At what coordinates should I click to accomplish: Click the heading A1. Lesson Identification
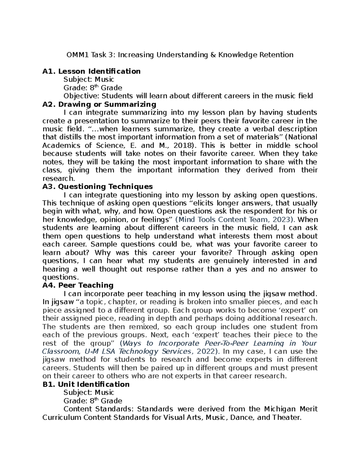click(x=91, y=71)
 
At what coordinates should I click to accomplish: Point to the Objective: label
click(x=82, y=96)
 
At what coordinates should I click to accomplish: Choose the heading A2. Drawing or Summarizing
click(x=99, y=104)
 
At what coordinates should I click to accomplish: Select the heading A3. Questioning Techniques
click(x=97, y=187)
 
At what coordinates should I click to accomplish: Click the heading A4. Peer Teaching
click(x=78, y=285)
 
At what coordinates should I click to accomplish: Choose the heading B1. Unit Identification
click(x=86, y=384)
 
